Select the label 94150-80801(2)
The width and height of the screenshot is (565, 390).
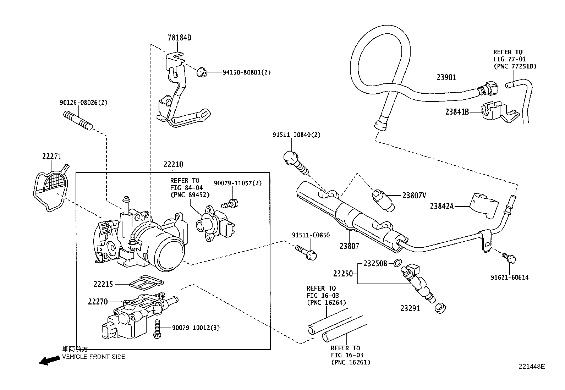[x=246, y=72]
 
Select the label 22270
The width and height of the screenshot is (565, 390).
[x=98, y=302]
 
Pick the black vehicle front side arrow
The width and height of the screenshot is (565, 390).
[x=49, y=361]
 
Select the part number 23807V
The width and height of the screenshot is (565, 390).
[x=414, y=195]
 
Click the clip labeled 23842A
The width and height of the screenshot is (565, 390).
[x=485, y=204]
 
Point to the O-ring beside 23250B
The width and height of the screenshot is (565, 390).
[x=398, y=263]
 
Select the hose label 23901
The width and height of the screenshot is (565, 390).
[x=446, y=77]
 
